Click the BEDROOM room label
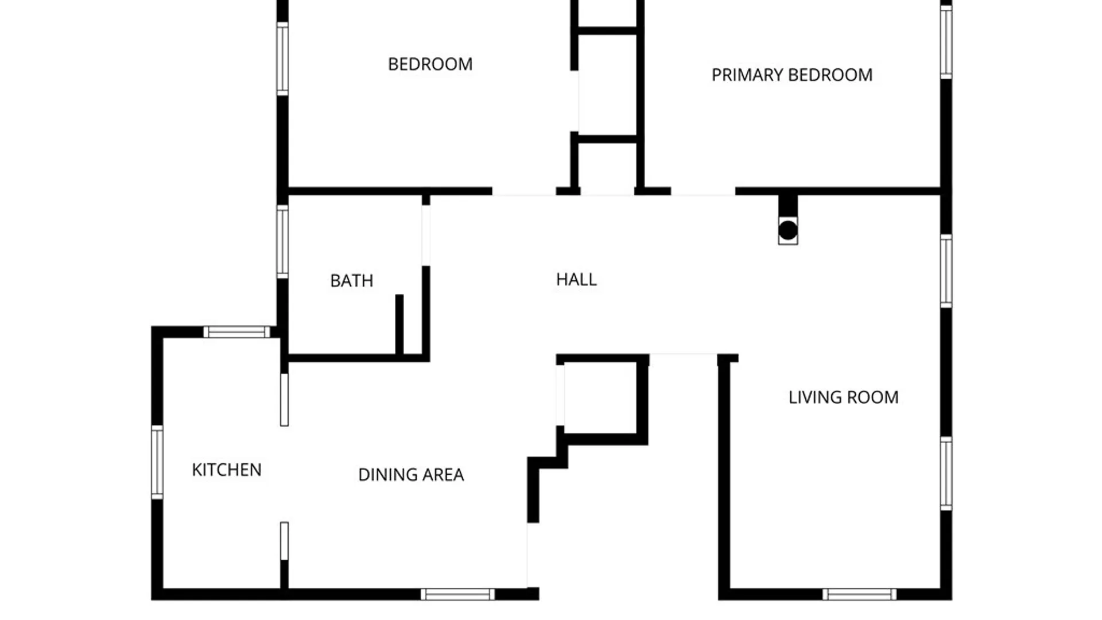pos(430,64)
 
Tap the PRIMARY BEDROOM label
pos(792,75)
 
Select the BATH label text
pos(352,281)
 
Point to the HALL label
pos(576,280)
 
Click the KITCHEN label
pos(227,470)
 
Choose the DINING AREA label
pos(411,475)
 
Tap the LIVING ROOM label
pos(844,397)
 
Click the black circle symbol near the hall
pos(788,230)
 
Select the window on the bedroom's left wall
pos(282,59)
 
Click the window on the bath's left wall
pos(282,242)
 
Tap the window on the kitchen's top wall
pos(236,332)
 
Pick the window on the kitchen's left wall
pos(157,462)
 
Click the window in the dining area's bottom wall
pos(457,595)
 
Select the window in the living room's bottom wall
pos(859,595)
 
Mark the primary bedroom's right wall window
pos(946,42)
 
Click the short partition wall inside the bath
pos(399,325)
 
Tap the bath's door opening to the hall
pos(426,235)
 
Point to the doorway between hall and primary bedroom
pos(703,192)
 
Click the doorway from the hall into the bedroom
pos(524,192)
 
